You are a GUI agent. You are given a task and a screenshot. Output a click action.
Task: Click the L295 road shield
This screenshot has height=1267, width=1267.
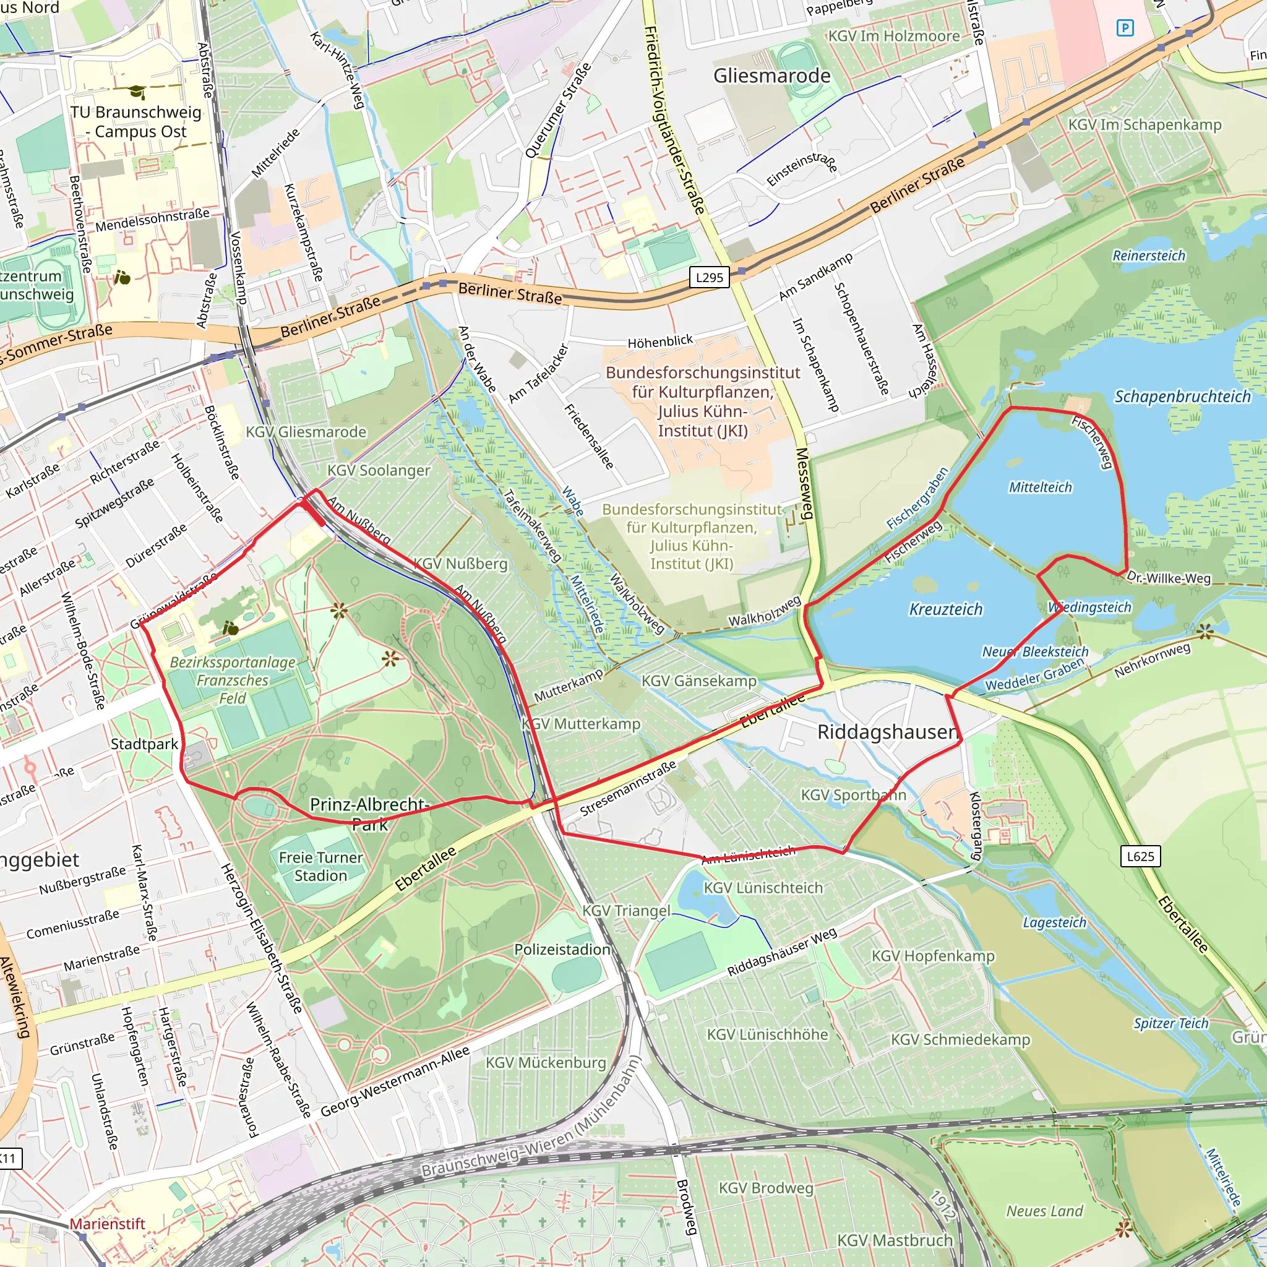(710, 277)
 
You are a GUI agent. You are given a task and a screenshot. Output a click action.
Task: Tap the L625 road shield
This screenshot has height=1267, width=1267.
(1140, 856)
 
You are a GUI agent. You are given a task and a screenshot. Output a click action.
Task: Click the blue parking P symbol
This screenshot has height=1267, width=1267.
(1125, 28)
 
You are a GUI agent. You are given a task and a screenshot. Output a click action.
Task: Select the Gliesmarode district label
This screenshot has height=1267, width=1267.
(772, 75)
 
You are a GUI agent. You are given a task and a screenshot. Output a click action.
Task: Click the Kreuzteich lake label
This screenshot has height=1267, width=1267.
(946, 609)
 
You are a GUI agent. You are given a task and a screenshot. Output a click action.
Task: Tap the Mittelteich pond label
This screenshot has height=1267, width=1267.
(1040, 487)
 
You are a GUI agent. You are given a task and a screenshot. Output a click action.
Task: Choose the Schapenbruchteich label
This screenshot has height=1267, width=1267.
(1182, 397)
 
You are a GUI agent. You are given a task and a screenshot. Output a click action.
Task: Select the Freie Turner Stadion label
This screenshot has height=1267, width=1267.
(320, 866)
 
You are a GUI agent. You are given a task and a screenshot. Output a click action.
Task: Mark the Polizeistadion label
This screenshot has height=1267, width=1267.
(562, 949)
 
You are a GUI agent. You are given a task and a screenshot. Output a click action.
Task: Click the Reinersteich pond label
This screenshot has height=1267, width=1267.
(1149, 256)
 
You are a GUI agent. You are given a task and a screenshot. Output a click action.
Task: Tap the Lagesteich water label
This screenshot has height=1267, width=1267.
(1055, 922)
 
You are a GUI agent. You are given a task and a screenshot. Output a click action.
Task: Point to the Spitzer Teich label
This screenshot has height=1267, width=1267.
(1170, 1023)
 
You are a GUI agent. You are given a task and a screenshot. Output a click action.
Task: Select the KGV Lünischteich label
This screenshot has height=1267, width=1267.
(763, 888)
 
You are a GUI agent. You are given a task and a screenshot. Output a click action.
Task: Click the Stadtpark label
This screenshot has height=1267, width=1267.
(144, 744)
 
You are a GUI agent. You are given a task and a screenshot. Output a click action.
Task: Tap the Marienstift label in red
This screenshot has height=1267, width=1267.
(108, 1224)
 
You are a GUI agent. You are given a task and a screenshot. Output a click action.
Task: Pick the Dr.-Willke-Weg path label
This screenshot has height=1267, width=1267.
(1168, 578)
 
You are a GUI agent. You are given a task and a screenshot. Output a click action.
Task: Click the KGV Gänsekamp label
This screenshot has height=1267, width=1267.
(698, 681)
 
